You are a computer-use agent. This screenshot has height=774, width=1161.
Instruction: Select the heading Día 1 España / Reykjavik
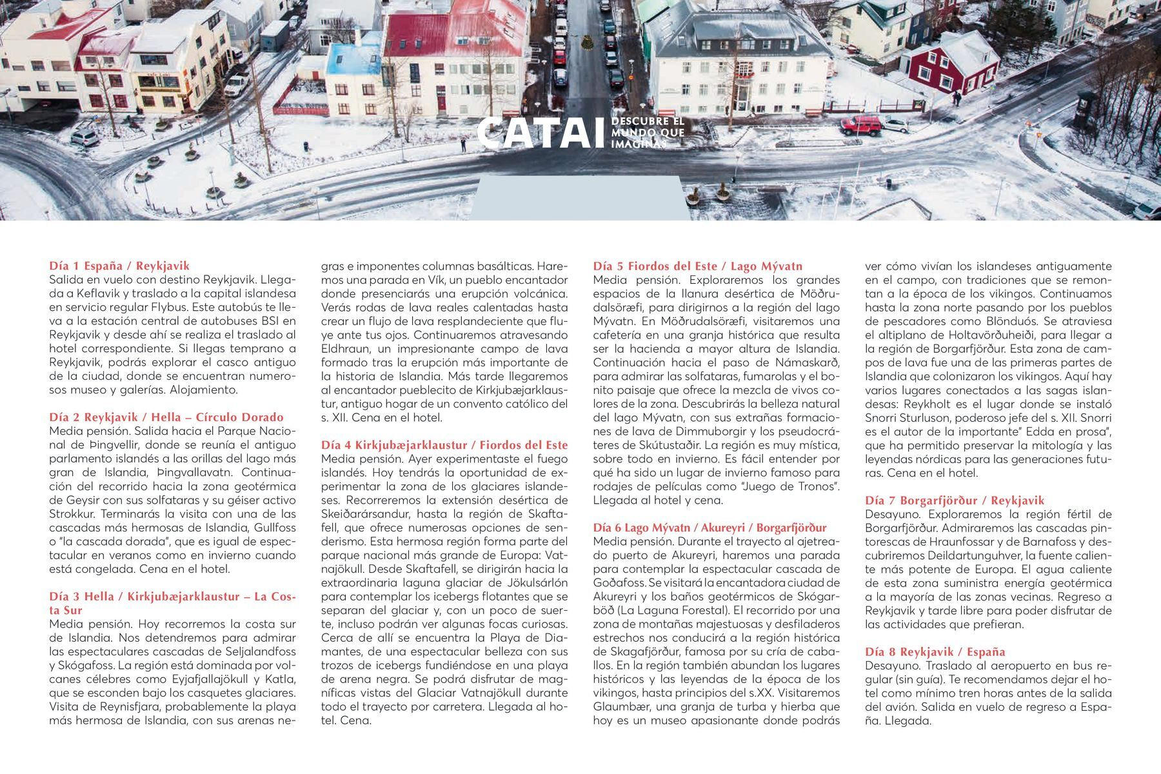119,266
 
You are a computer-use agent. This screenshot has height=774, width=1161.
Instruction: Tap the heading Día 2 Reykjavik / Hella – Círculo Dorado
166,417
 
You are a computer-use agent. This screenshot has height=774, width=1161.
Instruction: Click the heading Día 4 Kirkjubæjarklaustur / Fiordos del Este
444,445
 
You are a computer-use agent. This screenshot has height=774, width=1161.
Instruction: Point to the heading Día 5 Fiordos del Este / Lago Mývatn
698,266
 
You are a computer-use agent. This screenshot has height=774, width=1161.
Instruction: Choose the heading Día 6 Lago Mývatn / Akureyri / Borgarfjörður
709,528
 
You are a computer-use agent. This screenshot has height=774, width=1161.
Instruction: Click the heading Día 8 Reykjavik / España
940,652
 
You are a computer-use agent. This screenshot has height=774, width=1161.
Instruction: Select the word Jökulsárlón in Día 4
536,583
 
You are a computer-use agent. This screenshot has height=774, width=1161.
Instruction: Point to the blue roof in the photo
354,58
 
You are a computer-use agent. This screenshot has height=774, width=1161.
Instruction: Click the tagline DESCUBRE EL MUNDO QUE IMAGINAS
647,133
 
